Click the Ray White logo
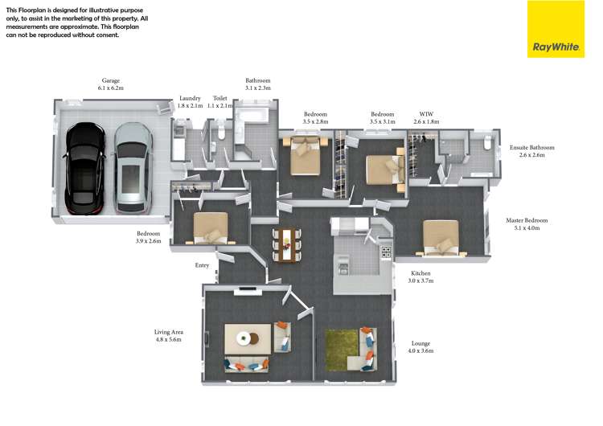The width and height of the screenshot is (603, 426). [556, 29]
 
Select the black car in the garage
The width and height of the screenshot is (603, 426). [84, 169]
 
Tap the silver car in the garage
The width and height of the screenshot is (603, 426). [133, 168]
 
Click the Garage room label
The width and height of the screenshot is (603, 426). [111, 84]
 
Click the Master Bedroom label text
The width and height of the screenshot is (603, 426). [527, 224]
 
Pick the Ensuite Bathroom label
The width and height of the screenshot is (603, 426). [532, 151]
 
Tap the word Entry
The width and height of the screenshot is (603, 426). [202, 265]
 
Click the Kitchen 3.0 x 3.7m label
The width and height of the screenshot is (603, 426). [420, 276]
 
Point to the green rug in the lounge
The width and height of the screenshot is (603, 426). [342, 350]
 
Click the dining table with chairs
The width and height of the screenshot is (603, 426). [287, 245]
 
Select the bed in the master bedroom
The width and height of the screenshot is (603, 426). [441, 238]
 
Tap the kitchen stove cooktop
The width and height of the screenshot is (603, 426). [386, 252]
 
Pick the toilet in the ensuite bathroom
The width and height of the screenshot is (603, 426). [487, 142]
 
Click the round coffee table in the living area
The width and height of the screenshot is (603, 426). [244, 338]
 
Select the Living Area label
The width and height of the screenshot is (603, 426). [169, 336]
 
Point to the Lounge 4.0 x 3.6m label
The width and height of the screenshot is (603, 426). [420, 347]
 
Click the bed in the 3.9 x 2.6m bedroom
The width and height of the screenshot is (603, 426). [211, 228]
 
